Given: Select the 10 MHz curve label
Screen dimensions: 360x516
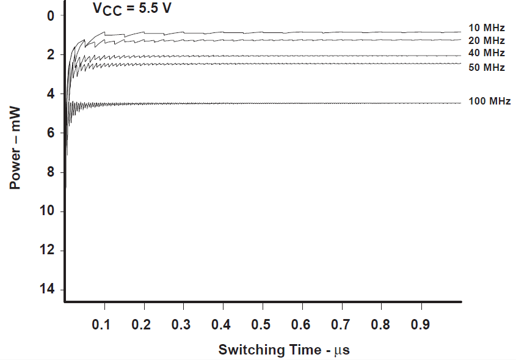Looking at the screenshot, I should click(x=486, y=28).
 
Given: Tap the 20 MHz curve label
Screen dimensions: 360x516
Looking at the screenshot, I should click(x=486, y=40).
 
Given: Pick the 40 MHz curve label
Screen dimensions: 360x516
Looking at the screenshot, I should click(x=486, y=54).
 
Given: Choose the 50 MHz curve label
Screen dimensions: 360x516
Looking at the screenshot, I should click(x=486, y=67).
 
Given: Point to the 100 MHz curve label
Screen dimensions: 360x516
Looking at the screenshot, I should click(x=489, y=101).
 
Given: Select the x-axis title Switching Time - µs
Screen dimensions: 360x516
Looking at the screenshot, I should click(x=283, y=350).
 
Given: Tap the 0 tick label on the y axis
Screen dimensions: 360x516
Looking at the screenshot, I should click(x=51, y=16).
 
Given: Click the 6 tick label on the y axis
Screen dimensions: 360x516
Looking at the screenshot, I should click(x=51, y=133).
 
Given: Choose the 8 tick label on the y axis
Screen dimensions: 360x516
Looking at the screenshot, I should click(x=51, y=172).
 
